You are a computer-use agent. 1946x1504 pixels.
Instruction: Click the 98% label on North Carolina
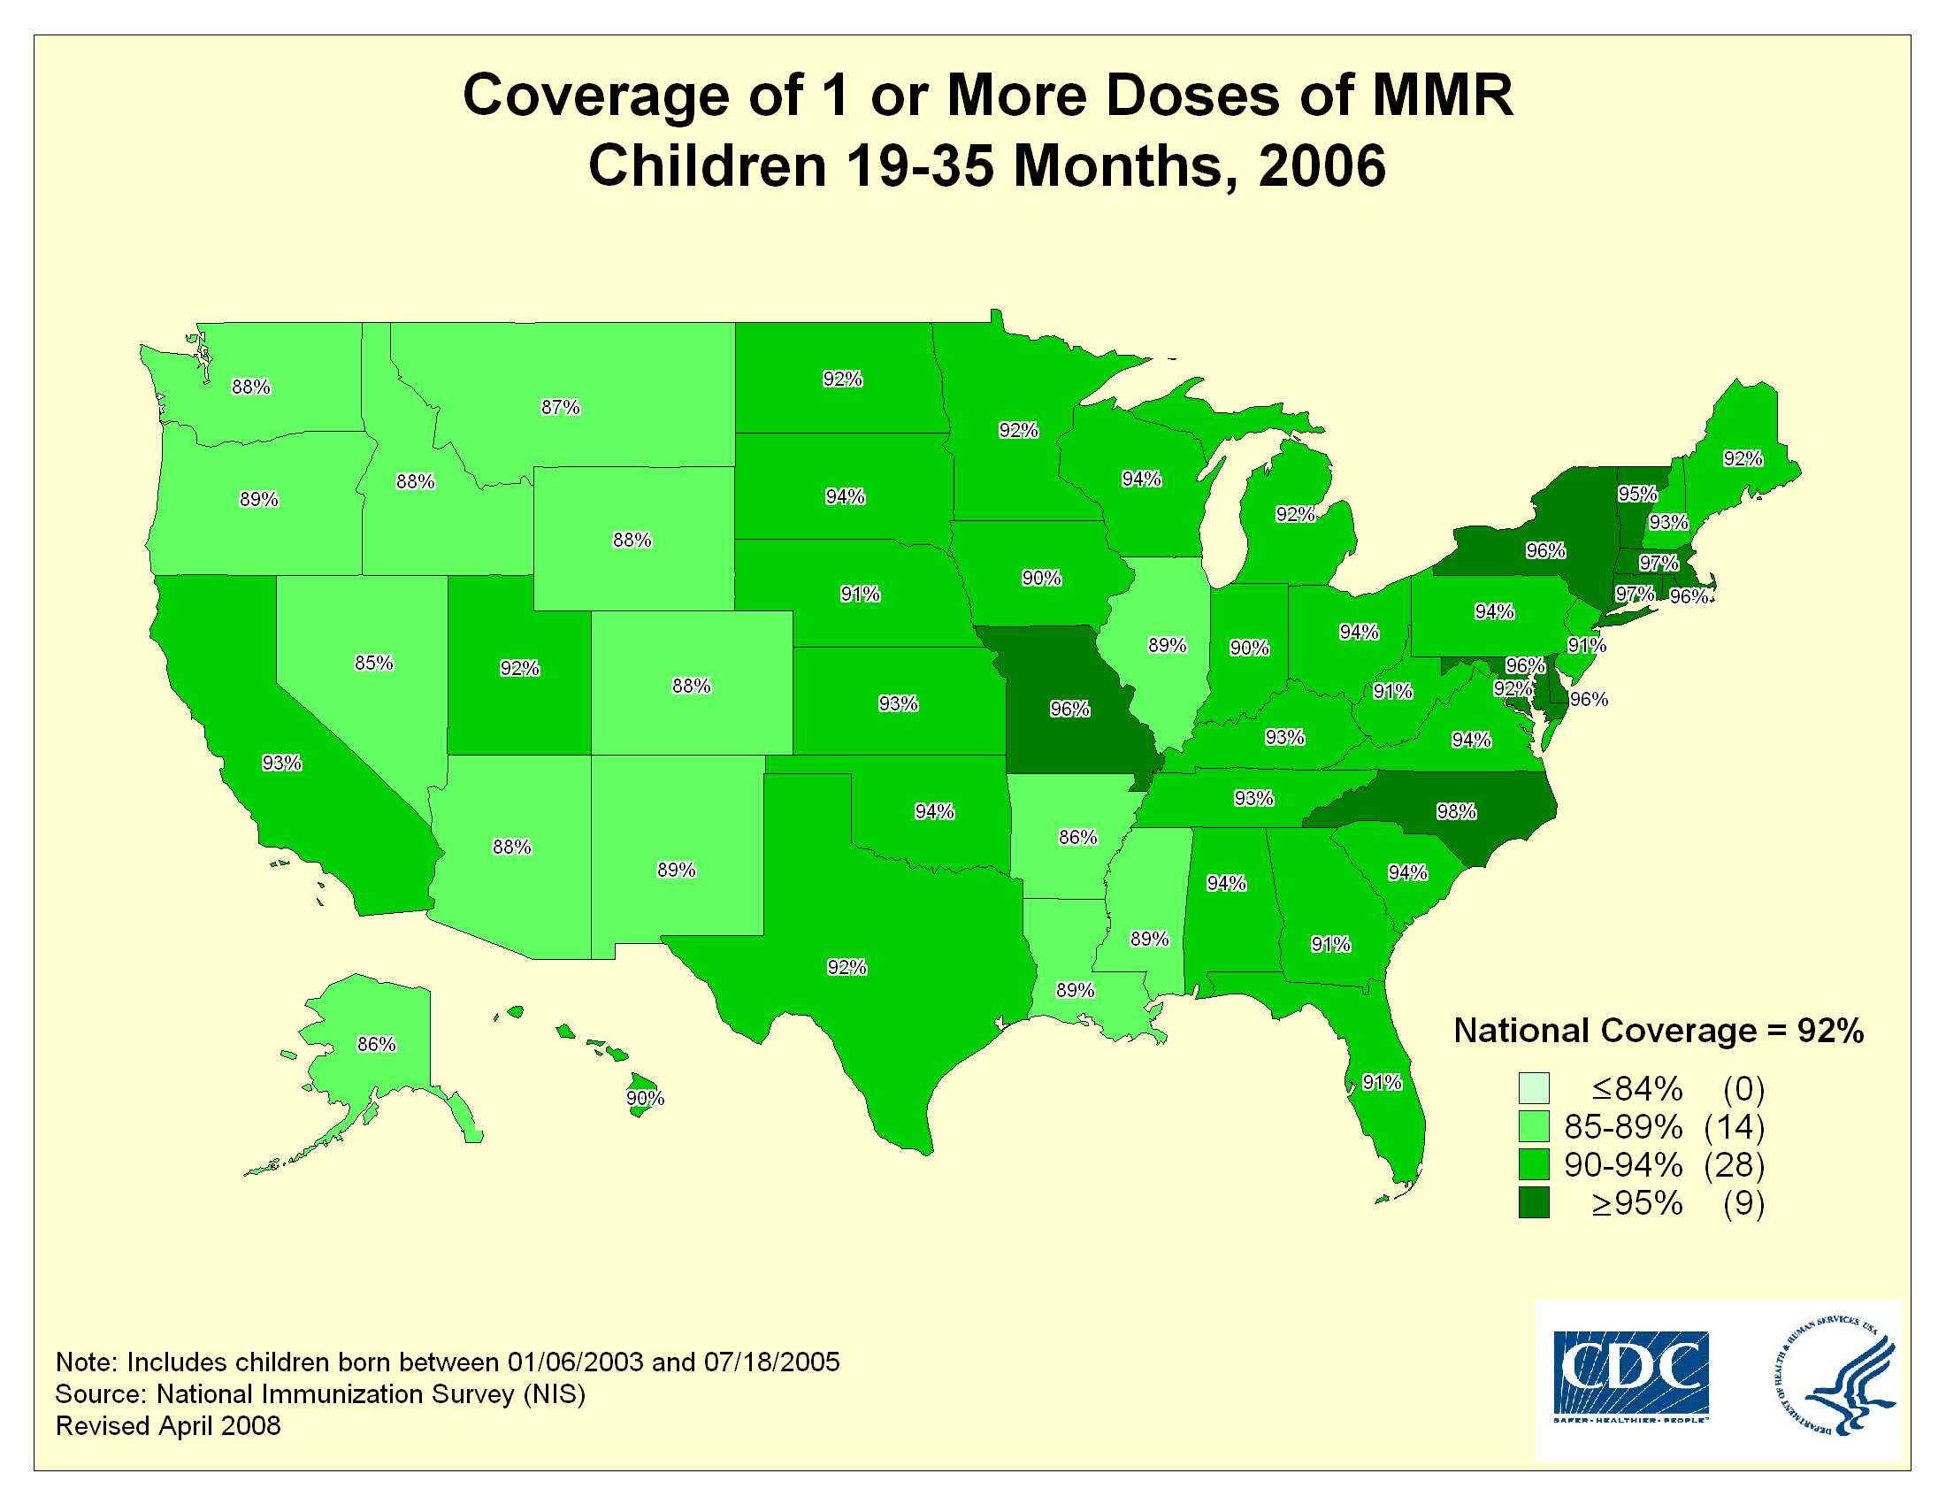pyautogui.click(x=1456, y=811)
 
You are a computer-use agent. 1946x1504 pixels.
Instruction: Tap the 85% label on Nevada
pyautogui.click(x=373, y=663)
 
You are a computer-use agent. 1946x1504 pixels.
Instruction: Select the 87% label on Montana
pyautogui.click(x=561, y=407)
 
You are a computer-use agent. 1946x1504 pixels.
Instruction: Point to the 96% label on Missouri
pyautogui.click(x=1069, y=710)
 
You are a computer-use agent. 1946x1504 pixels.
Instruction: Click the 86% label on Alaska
pyautogui.click(x=376, y=1044)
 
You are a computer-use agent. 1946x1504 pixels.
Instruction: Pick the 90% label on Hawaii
pyautogui.click(x=645, y=1099)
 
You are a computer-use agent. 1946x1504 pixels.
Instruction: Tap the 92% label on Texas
pyautogui.click(x=847, y=968)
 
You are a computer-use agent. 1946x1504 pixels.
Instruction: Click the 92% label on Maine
pyautogui.click(x=1743, y=459)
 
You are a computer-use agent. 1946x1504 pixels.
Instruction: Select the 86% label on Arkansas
pyautogui.click(x=1077, y=838)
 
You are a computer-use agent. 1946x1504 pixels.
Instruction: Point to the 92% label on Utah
pyautogui.click(x=519, y=668)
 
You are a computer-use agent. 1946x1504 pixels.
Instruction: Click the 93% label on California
pyautogui.click(x=281, y=764)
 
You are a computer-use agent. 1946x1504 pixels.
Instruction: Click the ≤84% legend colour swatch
pyautogui.click(x=1534, y=1089)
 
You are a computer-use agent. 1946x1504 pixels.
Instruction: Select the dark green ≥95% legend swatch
pyautogui.click(x=1534, y=1203)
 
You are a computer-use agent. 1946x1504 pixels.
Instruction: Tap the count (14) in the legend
pyautogui.click(x=1734, y=1127)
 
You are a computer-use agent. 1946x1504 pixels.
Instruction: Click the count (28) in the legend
pyautogui.click(x=1734, y=1164)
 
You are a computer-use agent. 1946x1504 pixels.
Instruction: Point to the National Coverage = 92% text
pyautogui.click(x=1659, y=1031)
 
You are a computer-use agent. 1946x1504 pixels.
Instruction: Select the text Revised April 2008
pyautogui.click(x=168, y=1426)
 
